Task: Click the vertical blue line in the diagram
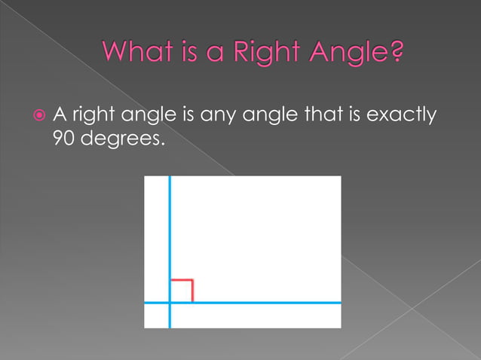click(170, 226)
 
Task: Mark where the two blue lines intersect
click(170, 303)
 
